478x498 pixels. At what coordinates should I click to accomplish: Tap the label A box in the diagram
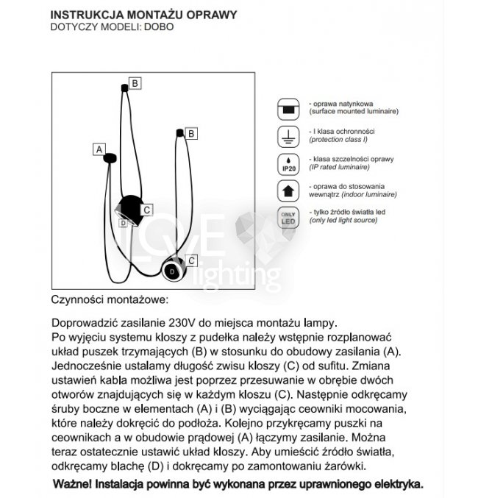coord(99,149)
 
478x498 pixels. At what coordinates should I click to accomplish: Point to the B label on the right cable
coord(190,134)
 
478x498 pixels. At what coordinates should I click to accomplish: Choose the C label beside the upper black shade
coord(147,210)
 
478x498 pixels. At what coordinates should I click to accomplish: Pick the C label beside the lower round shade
coord(191,260)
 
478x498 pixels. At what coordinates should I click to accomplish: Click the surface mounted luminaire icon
coord(288,108)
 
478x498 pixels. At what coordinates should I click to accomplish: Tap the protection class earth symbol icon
coord(288,136)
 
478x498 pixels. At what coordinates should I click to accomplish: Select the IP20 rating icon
coord(288,164)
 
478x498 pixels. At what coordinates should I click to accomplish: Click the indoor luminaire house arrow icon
coord(288,191)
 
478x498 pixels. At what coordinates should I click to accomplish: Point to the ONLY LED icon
coord(288,218)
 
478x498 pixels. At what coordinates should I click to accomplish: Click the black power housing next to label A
coord(110,158)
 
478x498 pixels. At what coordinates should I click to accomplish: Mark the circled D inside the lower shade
coord(172,271)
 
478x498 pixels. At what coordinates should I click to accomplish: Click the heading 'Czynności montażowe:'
coord(110,300)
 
